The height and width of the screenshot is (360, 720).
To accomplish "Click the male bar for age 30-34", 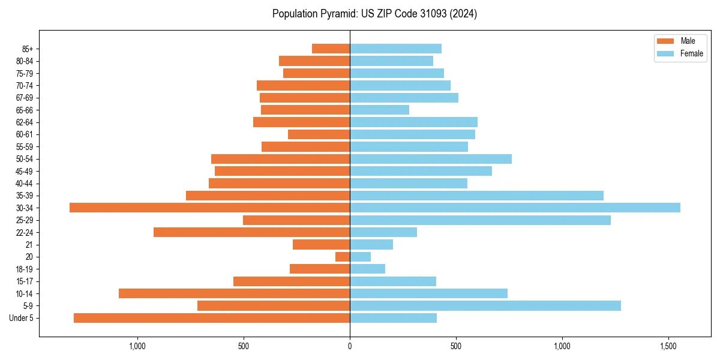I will (x=210, y=208).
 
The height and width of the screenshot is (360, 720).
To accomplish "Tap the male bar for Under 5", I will (x=212, y=318).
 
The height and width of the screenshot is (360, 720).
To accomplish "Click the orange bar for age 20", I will (x=343, y=257).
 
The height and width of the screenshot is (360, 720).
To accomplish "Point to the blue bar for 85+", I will (x=395, y=49).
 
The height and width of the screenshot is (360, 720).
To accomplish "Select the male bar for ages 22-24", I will (x=252, y=232).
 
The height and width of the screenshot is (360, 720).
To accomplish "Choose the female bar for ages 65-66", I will (x=379, y=110).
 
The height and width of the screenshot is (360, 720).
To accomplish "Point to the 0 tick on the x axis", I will (x=350, y=347).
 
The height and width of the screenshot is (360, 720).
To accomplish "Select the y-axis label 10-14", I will (x=25, y=293).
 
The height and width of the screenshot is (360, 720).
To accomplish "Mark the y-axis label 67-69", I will (x=25, y=98).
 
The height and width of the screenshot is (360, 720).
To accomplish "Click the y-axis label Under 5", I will (x=22, y=318).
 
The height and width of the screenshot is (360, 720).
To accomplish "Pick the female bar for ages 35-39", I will (x=476, y=196).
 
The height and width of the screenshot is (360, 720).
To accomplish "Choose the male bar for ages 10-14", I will (x=234, y=293).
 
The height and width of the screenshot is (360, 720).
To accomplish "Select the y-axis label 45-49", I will (x=25, y=171).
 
